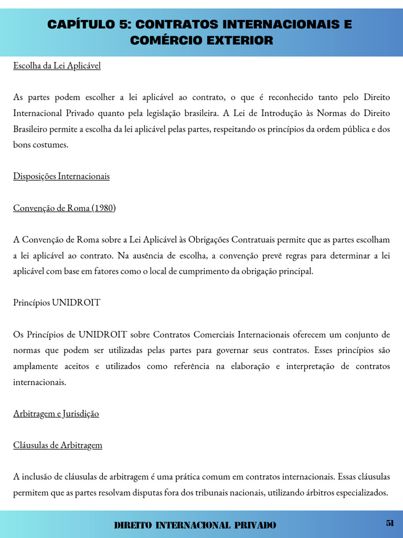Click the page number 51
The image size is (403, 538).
390,523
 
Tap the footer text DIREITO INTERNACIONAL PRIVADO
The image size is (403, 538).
195,525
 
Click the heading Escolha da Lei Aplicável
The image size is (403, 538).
57,66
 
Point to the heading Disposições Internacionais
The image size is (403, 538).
61,176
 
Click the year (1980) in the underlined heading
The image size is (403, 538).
103,208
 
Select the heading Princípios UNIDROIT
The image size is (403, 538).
57,303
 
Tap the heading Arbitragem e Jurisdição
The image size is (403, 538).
56,413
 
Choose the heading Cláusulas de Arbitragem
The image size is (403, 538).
58,445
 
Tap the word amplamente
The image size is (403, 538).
36,366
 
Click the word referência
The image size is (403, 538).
193,366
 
